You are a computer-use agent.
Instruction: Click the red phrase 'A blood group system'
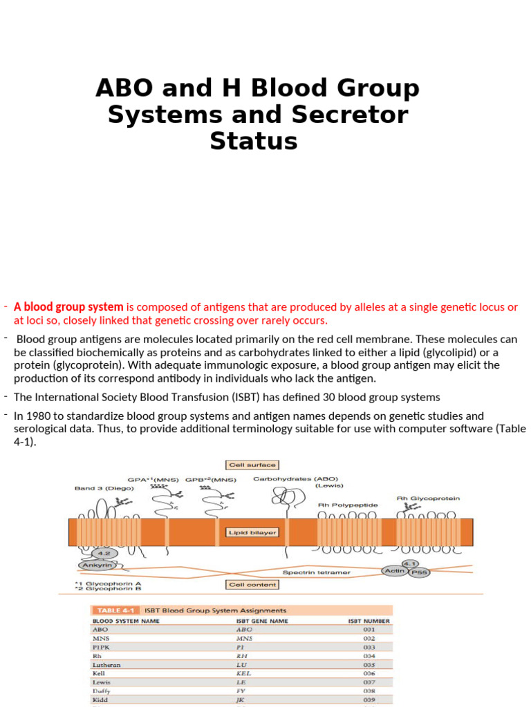point(68,307)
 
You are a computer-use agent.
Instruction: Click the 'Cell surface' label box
point(252,465)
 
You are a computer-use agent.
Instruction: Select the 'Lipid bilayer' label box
point(252,532)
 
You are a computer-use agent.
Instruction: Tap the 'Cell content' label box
point(252,584)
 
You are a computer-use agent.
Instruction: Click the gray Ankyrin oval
point(97,565)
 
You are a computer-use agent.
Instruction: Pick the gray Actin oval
point(394,570)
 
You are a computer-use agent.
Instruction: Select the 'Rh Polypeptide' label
point(348,505)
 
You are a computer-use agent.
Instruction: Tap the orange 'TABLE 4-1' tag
point(114,610)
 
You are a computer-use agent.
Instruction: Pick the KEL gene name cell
point(243,673)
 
